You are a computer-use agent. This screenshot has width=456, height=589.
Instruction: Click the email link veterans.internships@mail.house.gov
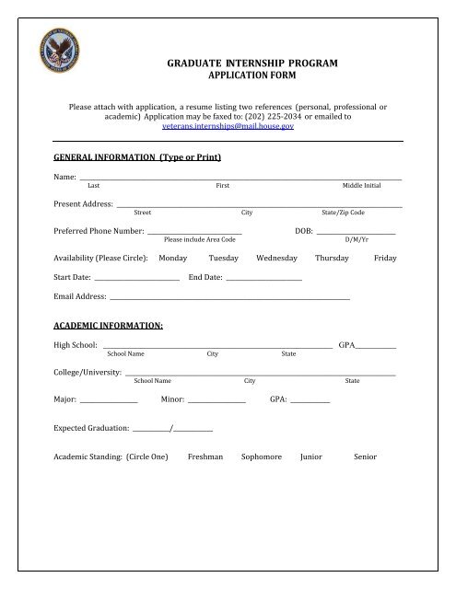(x=228, y=128)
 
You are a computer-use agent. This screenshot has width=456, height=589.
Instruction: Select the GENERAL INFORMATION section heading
(x=137, y=157)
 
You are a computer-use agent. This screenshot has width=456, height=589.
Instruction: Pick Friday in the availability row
(x=385, y=259)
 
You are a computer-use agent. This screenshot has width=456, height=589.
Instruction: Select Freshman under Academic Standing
(x=206, y=456)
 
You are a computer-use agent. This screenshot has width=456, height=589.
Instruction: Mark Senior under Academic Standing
(x=365, y=456)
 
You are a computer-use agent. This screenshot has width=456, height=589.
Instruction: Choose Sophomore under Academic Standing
(x=261, y=456)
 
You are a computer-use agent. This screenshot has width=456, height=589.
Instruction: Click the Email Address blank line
(x=229, y=300)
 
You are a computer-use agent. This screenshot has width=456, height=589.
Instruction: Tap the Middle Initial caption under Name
(x=361, y=186)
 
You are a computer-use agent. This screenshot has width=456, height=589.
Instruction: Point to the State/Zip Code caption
(x=343, y=213)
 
